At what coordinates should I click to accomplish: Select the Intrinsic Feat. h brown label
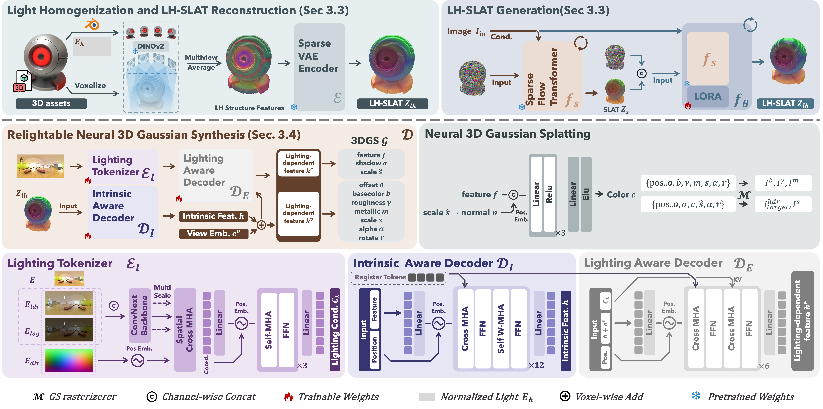point(213,216)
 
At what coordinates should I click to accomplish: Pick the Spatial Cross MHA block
point(185,330)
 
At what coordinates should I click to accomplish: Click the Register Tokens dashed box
point(398,277)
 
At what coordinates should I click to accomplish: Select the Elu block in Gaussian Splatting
point(586,194)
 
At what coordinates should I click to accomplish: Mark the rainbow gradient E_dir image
point(69,360)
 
